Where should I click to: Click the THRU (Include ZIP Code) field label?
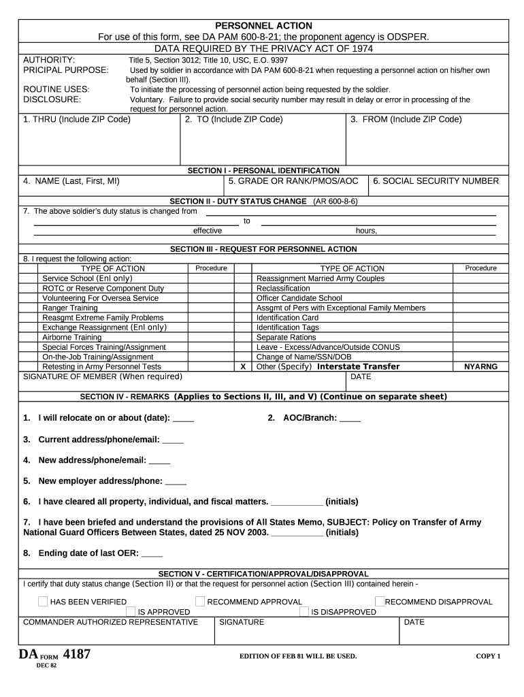[x=77, y=119]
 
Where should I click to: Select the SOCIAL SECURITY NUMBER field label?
[x=436, y=181]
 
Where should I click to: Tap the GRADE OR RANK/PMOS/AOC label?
[x=293, y=181]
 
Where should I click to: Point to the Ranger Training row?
[x=69, y=308]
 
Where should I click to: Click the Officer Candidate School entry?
[x=299, y=298]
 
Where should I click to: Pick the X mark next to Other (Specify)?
[x=243, y=366]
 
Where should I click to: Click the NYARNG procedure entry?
[x=480, y=366]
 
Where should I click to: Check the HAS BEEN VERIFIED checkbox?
[x=43, y=601]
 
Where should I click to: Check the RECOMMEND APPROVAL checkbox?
[x=200, y=601]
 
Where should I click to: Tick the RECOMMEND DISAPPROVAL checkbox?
[x=379, y=601]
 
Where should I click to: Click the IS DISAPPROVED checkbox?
[x=304, y=611]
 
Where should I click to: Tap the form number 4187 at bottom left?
[x=76, y=655]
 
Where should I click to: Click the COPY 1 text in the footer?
[x=487, y=656]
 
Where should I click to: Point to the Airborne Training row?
[x=71, y=337]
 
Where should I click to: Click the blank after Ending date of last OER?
[x=152, y=553]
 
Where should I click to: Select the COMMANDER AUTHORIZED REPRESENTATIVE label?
[x=111, y=622]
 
